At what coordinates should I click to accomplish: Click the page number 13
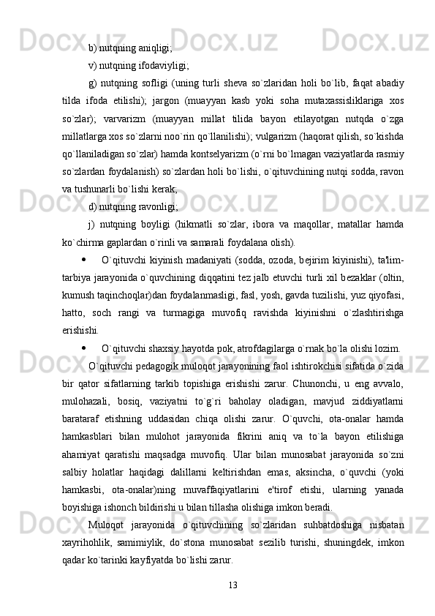click(233, 584)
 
